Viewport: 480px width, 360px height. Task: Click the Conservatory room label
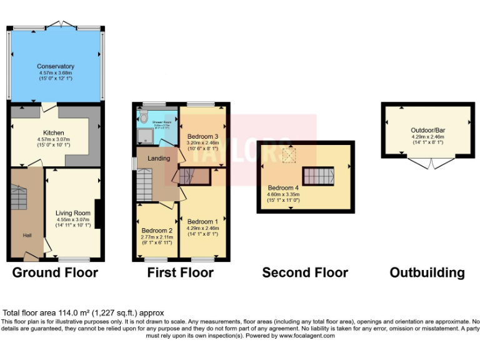56,66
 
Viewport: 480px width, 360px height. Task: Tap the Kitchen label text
54,132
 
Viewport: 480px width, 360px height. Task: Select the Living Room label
73,212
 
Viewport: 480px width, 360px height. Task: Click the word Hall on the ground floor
27,235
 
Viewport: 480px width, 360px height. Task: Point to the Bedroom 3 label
202,136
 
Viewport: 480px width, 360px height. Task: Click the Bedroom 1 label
202,222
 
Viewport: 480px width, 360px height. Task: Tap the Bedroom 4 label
284,187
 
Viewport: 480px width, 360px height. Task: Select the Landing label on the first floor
158,158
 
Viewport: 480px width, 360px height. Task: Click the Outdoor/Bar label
427,130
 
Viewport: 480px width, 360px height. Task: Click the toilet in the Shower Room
144,117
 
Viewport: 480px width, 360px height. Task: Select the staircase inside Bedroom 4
318,176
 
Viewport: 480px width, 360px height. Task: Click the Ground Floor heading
55,272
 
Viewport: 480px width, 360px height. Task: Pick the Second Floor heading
304,272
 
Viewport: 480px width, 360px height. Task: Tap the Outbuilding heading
427,272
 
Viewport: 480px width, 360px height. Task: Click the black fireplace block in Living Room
98,214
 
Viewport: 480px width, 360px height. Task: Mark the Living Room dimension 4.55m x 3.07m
73,219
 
